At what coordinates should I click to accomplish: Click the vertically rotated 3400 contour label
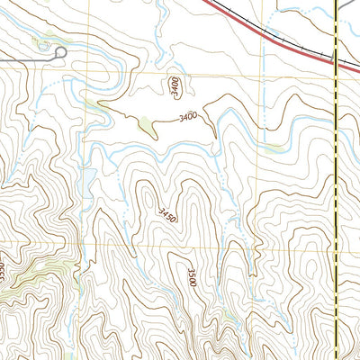coord(173,85)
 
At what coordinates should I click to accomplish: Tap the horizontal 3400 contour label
coord(188,116)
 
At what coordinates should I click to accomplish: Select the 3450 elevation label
coord(166,216)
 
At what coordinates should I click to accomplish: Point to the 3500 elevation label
coord(192,278)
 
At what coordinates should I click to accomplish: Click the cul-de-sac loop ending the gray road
coord(61,55)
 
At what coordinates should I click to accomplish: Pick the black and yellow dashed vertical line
coord(335,180)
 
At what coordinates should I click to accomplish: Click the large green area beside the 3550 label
coord(36,270)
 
